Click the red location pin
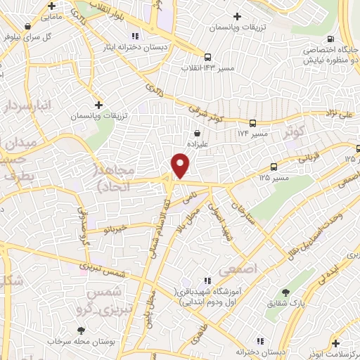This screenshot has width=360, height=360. pyautogui.click(x=181, y=166)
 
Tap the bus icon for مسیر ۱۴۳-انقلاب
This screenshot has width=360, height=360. pyautogui.click(x=207, y=57)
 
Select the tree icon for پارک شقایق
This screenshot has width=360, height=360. pyautogui.click(x=285, y=292)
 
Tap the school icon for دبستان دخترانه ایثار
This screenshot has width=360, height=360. pyautogui.click(x=134, y=36)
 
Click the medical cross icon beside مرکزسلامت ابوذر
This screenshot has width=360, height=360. pyautogui.click(x=336, y=343)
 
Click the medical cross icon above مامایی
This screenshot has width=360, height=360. pyautogui.click(x=50, y=4)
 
